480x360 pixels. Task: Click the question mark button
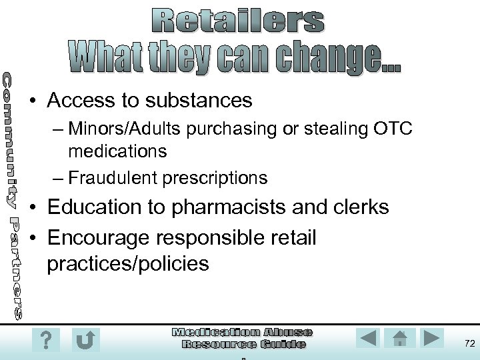click(x=45, y=339)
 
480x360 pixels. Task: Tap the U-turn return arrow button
click(x=85, y=339)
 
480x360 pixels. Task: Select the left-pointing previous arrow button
click(x=369, y=337)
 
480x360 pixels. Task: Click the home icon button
click(x=400, y=337)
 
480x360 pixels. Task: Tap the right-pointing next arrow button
click(x=431, y=337)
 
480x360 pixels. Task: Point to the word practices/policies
click(x=128, y=263)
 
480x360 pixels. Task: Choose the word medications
click(x=117, y=151)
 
